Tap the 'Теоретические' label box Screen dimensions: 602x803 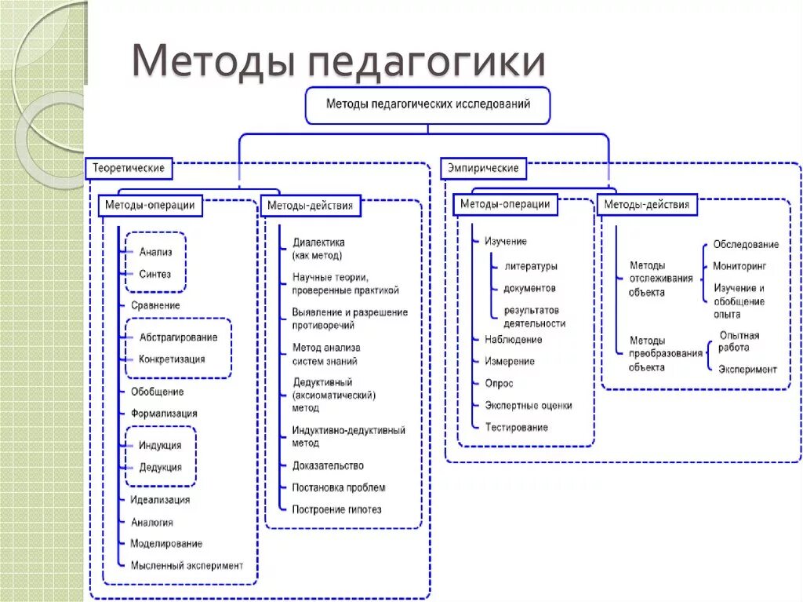[129, 168]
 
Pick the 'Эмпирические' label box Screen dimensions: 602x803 [483, 168]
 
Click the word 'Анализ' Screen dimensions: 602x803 [156, 252]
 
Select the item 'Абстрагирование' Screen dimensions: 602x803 [178, 337]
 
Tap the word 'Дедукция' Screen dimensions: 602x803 [160, 467]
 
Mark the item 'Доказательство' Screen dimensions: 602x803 [328, 465]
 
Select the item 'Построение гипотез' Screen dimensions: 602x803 [337, 509]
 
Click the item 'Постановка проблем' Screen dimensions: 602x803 [339, 487]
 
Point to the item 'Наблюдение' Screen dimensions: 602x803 [513, 340]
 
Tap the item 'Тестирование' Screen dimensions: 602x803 [516, 427]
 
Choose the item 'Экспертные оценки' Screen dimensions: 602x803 [528, 406]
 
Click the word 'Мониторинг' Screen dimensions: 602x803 [739, 266]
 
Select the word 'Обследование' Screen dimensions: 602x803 [746, 244]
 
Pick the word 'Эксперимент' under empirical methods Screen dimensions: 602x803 [747, 369]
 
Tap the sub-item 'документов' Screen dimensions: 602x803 [529, 288]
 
